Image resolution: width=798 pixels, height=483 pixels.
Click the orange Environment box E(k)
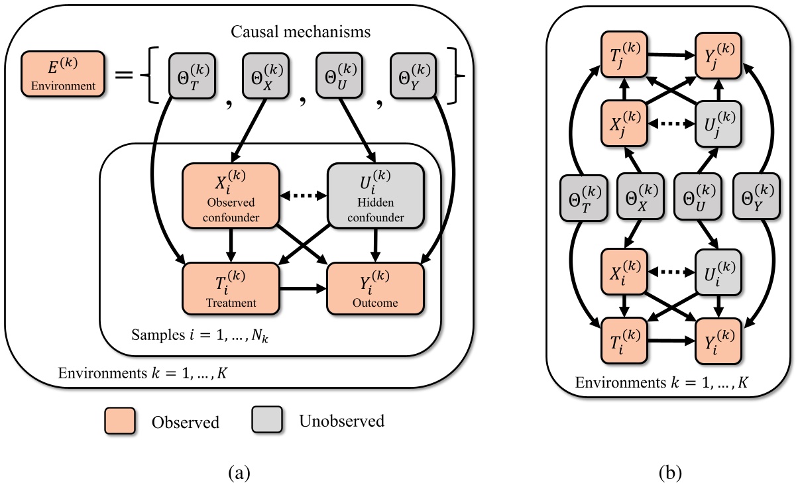pyautogui.click(x=62, y=75)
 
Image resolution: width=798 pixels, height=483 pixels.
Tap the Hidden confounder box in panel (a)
pyautogui.click(x=376, y=196)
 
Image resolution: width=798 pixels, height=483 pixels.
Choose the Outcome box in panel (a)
pyautogui.click(x=376, y=288)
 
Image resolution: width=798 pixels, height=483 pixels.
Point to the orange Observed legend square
pyautogui.click(x=119, y=421)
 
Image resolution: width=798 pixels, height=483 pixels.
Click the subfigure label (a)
pyautogui.click(x=239, y=472)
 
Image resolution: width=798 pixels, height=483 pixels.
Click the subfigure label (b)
pyautogui.click(x=671, y=472)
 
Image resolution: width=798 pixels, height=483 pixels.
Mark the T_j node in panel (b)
pyautogui.click(x=623, y=54)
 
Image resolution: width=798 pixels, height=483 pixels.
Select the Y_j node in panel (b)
pyautogui.click(x=718, y=54)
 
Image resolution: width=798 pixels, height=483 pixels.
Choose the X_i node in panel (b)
pyautogui.click(x=623, y=270)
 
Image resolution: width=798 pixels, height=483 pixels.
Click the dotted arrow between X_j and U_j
pyautogui.click(x=671, y=122)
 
